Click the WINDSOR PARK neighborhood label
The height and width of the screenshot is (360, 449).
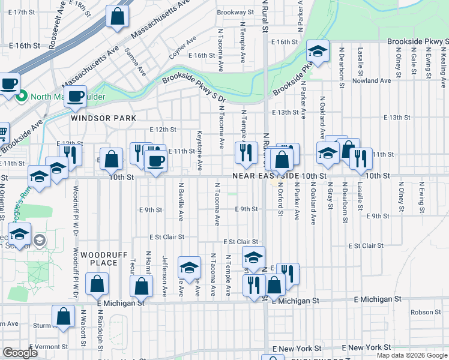point(103,118)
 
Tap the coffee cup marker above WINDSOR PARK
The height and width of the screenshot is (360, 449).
point(76,97)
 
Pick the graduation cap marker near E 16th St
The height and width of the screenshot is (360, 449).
point(318,52)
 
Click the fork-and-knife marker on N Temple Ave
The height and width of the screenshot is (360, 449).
point(246,153)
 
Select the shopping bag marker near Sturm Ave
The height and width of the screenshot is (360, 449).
point(63,317)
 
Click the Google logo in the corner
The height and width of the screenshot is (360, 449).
point(20,353)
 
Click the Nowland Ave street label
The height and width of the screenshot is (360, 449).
point(372,80)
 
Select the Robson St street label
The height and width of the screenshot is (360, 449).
point(426,312)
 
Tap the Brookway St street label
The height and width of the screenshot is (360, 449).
point(232,12)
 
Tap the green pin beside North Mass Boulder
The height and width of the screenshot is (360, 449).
point(22,96)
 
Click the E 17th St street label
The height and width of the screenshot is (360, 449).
point(22,12)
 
